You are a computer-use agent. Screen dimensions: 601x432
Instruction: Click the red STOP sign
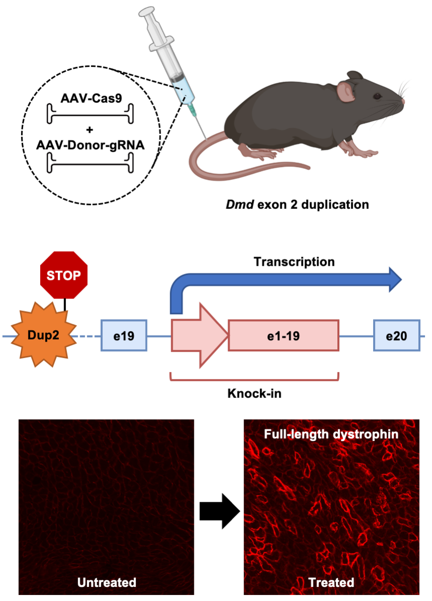click(64, 275)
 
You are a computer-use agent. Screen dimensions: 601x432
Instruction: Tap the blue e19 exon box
click(124, 335)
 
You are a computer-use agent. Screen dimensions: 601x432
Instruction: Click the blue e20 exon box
click(396, 335)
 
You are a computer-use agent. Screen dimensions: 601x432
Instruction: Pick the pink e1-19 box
click(283, 335)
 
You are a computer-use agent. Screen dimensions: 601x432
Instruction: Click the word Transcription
click(294, 262)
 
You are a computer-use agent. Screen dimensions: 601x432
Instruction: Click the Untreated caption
click(107, 582)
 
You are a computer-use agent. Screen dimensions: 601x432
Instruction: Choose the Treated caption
click(331, 582)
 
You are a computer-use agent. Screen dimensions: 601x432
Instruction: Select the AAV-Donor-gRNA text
click(91, 144)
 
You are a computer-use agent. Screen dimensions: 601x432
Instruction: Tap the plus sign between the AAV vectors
click(91, 130)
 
